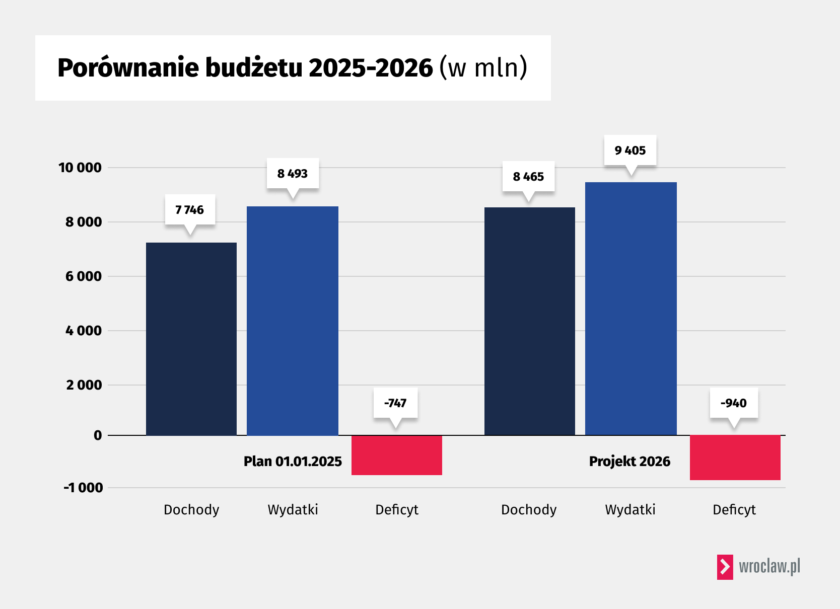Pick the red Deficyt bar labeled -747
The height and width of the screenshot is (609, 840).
click(x=397, y=455)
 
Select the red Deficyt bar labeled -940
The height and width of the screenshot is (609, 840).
click(x=735, y=458)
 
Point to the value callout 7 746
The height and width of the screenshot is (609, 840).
click(x=190, y=209)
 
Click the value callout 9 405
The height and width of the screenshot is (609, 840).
click(x=630, y=150)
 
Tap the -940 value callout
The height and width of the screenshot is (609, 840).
click(x=734, y=403)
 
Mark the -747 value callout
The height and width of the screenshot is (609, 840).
click(x=395, y=403)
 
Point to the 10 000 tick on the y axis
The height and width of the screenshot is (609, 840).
click(x=80, y=168)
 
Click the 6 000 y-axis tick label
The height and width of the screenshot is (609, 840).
click(x=84, y=276)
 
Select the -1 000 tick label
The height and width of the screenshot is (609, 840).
click(x=83, y=488)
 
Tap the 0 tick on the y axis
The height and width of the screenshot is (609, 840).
click(x=98, y=436)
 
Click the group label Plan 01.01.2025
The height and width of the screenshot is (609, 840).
click(x=293, y=462)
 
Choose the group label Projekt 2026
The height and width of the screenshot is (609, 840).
click(x=629, y=462)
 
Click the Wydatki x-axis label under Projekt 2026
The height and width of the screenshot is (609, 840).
click(x=630, y=510)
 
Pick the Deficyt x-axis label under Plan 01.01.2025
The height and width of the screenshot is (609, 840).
click(x=397, y=510)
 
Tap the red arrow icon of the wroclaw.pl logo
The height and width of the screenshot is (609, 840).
click(x=725, y=567)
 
